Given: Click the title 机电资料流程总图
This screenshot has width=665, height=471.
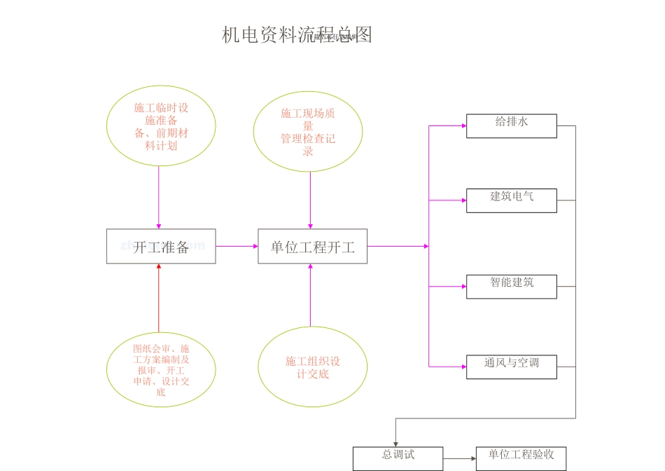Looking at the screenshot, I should pyautogui.click(x=297, y=35).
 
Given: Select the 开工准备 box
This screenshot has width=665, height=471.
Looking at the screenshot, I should pyautogui.click(x=161, y=247).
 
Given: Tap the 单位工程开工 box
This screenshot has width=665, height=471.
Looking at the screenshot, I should pyautogui.click(x=312, y=247).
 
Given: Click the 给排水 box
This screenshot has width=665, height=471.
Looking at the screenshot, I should pyautogui.click(x=512, y=126).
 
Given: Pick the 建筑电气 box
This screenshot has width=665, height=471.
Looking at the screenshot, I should pyautogui.click(x=512, y=200).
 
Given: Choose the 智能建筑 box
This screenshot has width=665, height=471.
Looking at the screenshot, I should pyautogui.click(x=512, y=287).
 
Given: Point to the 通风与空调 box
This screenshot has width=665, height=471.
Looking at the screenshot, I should pyautogui.click(x=512, y=367).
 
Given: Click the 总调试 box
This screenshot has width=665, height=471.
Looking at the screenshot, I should pyautogui.click(x=398, y=458).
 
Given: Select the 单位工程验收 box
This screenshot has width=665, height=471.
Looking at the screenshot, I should pyautogui.click(x=521, y=458).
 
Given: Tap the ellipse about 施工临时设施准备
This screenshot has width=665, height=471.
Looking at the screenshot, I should pyautogui.click(x=161, y=126).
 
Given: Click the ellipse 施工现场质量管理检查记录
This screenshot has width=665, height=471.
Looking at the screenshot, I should pyautogui.click(x=308, y=132).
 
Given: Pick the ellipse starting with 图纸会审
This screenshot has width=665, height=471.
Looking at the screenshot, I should pyautogui.click(x=161, y=369).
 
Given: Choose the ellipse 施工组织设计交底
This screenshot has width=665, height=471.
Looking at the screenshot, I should pyautogui.click(x=313, y=367).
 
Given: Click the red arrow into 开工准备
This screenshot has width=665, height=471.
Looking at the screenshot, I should pyautogui.click(x=159, y=298).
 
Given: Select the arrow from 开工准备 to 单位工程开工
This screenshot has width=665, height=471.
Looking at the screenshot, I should pyautogui.click(x=237, y=246).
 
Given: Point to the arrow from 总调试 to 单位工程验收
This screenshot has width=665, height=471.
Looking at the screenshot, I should pyautogui.click(x=459, y=459).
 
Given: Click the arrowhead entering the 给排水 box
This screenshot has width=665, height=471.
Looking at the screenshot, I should pyautogui.click(x=463, y=126).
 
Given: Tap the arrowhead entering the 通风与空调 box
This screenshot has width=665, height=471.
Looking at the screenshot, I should pyautogui.click(x=463, y=367).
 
